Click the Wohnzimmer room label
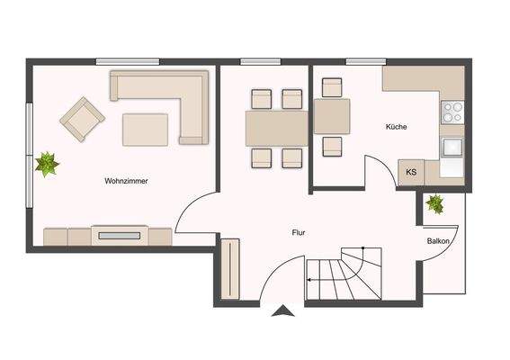click(126, 181)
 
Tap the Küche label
click(396, 127)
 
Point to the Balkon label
click(438, 242)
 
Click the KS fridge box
click(411, 172)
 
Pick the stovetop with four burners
click(452, 112)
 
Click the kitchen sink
click(452, 147)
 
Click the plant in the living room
click(47, 164)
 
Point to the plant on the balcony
click(435, 203)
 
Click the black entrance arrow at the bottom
click(283, 311)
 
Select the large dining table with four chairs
click(276, 128)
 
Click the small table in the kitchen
click(332, 116)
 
